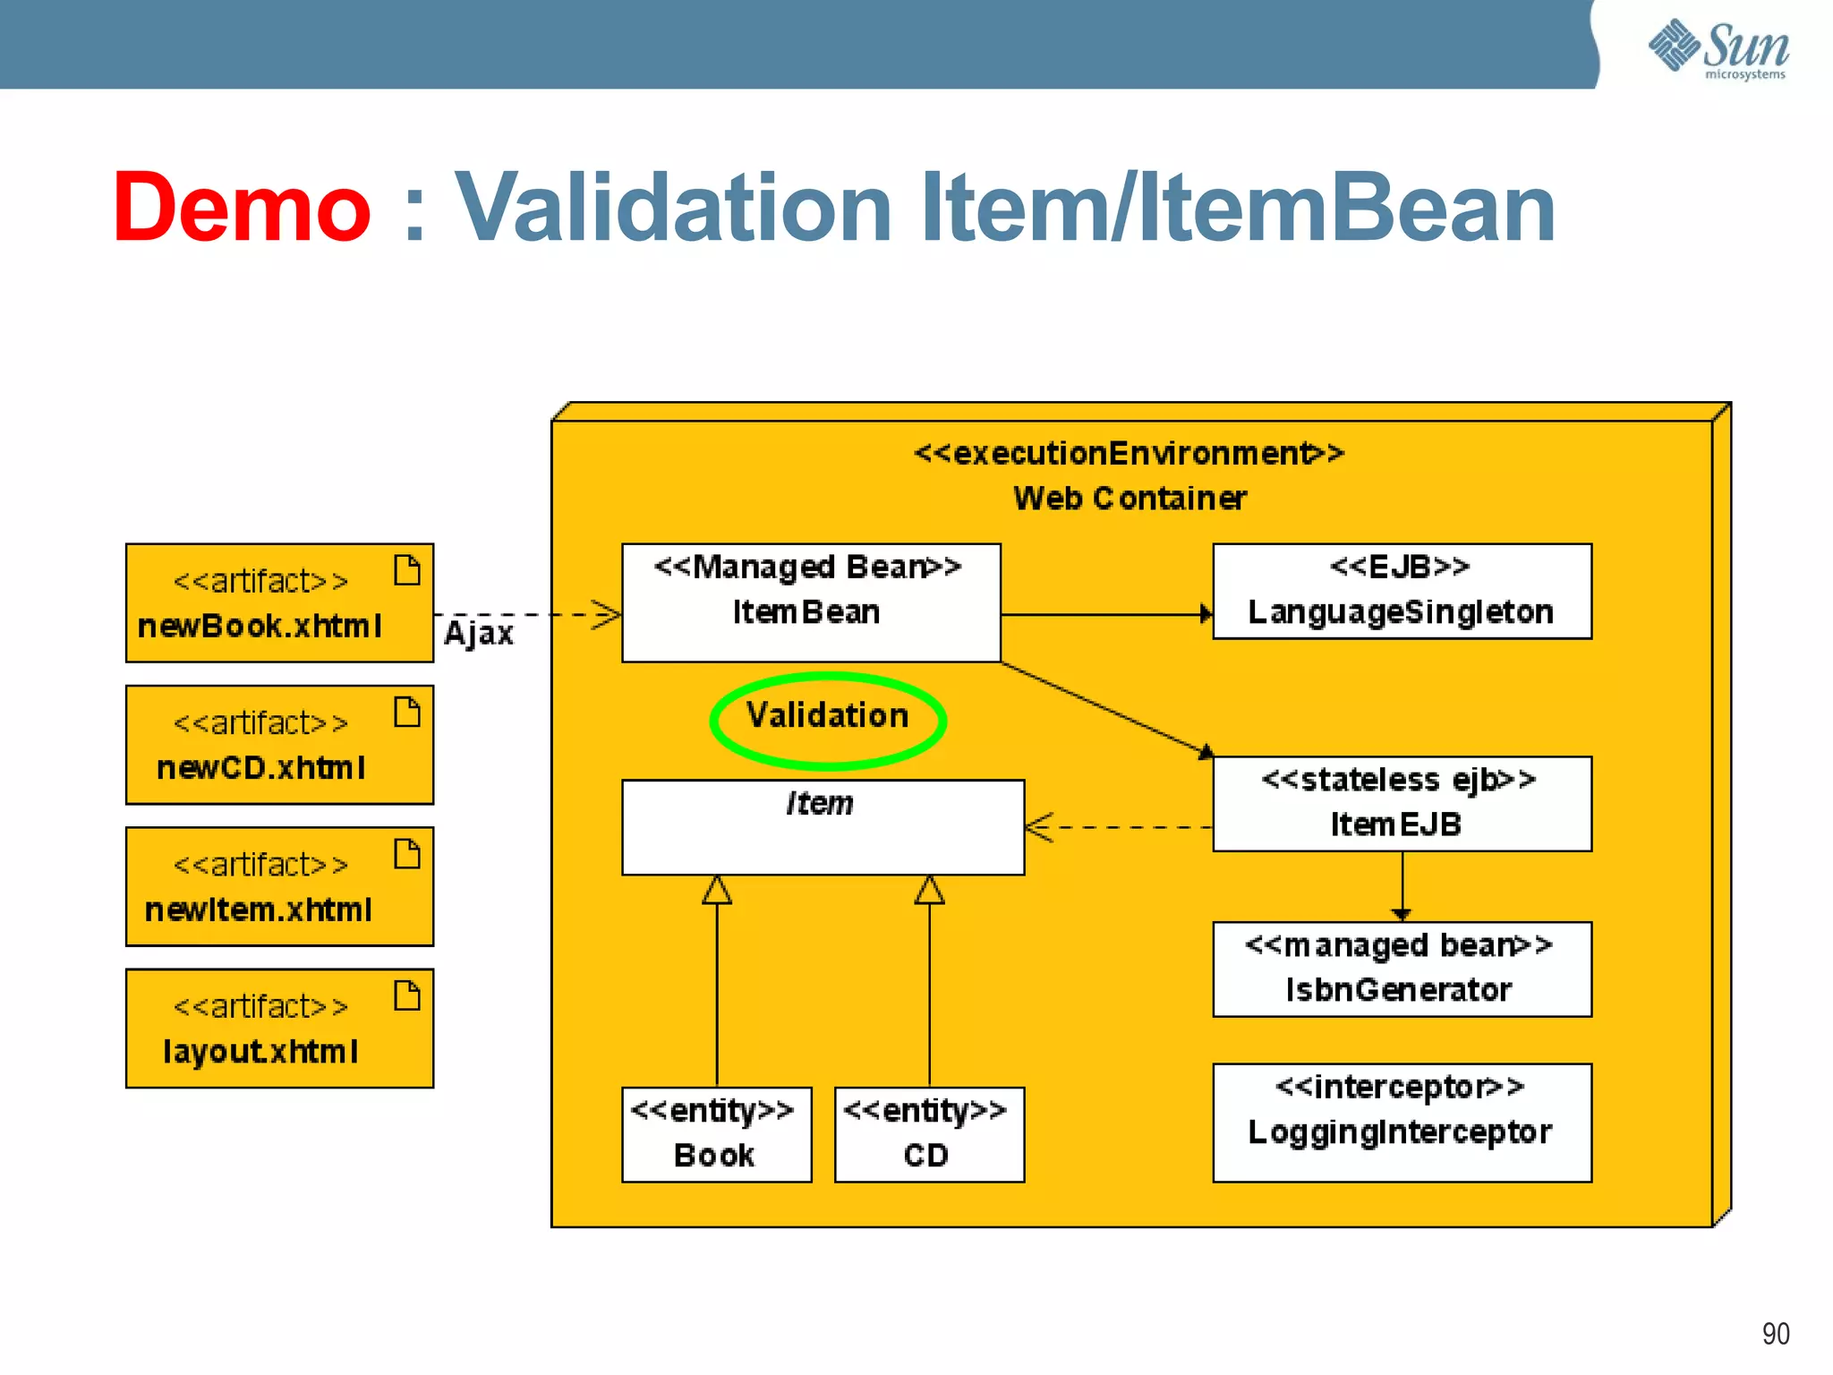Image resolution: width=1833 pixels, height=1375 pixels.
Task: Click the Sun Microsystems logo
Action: click(1718, 48)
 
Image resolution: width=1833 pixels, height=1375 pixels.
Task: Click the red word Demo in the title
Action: click(242, 208)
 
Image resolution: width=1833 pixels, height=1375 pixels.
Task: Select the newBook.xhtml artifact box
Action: click(278, 602)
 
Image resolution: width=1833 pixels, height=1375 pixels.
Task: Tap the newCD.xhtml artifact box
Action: click(278, 745)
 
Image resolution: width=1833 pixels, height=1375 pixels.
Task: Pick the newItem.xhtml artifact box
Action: click(278, 886)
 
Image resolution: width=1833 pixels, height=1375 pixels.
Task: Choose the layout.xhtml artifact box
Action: click(278, 1028)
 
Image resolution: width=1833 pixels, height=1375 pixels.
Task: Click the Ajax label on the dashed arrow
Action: click(479, 634)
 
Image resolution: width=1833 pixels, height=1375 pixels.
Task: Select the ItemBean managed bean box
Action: click(810, 602)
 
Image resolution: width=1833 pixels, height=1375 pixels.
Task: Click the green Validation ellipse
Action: click(827, 720)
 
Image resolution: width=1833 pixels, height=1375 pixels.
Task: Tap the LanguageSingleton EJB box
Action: click(1402, 591)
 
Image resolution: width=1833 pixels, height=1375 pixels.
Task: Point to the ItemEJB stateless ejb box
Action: click(1402, 803)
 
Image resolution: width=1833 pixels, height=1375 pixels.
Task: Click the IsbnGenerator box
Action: click(1402, 969)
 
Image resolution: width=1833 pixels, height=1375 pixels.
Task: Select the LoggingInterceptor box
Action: click(1402, 1122)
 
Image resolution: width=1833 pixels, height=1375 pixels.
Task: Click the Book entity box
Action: click(716, 1134)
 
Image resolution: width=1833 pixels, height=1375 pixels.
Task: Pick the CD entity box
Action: click(928, 1134)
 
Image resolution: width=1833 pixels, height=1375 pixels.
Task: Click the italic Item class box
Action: click(822, 827)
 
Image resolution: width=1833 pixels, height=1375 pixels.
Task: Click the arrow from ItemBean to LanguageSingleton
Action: click(1105, 614)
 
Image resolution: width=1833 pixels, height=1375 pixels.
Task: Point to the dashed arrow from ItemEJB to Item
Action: click(1119, 827)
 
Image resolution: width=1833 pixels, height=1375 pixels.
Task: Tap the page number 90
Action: click(1775, 1334)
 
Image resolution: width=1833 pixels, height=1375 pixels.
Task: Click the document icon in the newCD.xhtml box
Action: click(407, 713)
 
